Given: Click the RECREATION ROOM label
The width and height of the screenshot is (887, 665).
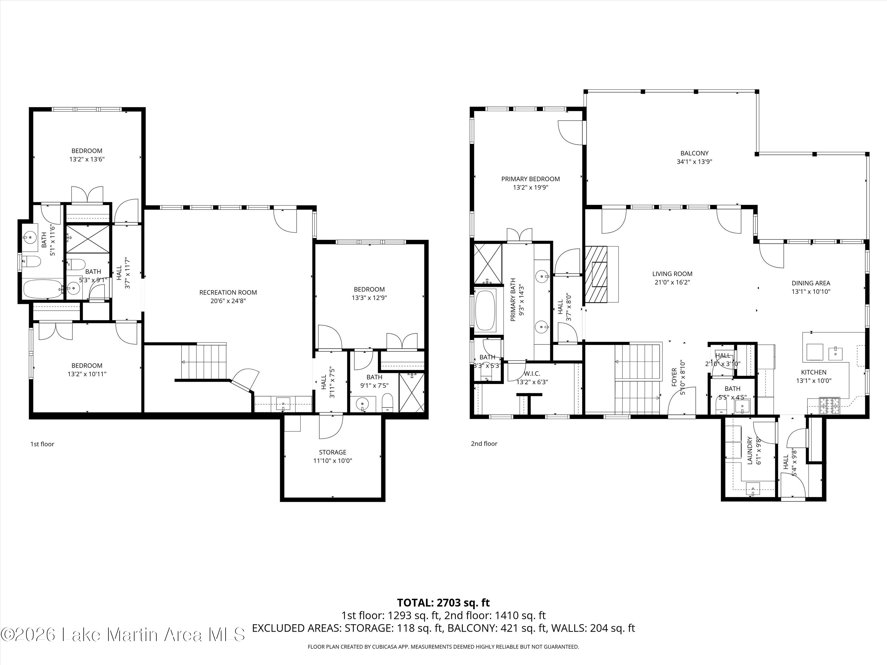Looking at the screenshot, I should (x=228, y=292).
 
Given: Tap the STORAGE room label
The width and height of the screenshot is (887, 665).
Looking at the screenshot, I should (x=332, y=452).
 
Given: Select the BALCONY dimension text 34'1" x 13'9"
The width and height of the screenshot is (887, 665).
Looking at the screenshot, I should (x=694, y=162).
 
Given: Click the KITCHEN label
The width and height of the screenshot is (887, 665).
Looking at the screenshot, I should (x=814, y=372).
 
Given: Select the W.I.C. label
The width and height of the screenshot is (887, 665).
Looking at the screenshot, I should (x=532, y=374).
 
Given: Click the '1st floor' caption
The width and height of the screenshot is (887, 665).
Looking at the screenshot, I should (x=42, y=444).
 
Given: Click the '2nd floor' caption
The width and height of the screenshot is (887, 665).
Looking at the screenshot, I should (x=484, y=443).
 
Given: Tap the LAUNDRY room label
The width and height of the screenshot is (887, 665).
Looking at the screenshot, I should (x=750, y=450).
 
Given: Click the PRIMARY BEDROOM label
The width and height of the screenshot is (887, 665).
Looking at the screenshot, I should (x=530, y=179).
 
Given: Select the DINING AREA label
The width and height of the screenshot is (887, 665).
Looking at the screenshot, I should (x=811, y=283).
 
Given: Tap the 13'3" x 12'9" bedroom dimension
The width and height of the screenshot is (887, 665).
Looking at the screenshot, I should (x=369, y=298).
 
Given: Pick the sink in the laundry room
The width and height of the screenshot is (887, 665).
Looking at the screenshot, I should (x=753, y=489).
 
